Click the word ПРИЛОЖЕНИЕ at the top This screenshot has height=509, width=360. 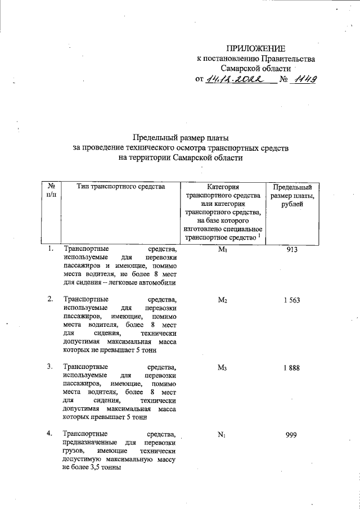[256, 48]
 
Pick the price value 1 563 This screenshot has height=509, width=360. [291, 300]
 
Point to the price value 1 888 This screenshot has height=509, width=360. [291, 367]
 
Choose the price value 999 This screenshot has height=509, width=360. [291, 435]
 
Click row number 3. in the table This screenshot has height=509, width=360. [50, 367]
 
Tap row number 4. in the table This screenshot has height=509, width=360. [50, 434]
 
